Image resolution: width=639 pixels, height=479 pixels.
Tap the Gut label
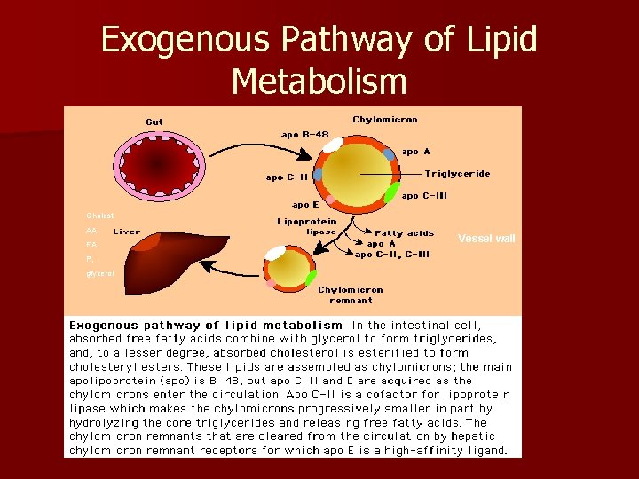click(x=154, y=122)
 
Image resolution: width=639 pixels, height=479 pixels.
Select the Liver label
click(x=127, y=232)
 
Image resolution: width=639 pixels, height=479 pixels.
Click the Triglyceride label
click(x=458, y=174)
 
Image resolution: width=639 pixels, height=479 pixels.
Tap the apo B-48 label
click(x=305, y=135)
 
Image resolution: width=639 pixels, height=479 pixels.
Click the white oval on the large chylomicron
click(x=333, y=144)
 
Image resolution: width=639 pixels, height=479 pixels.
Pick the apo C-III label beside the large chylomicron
click(x=423, y=195)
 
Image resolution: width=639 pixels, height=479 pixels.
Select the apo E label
click(x=306, y=203)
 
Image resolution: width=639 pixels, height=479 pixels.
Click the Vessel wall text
click(x=486, y=239)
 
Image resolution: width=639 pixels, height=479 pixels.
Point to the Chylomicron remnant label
click(x=351, y=295)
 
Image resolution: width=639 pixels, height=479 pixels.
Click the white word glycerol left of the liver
click(x=99, y=274)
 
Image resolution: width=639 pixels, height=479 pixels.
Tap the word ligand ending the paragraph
click(x=484, y=450)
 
